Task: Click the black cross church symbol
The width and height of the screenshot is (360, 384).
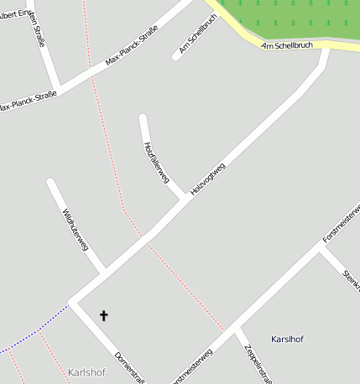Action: [104, 315]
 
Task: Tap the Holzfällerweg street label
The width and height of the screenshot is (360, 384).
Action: [157, 163]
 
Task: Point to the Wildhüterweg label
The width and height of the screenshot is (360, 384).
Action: [75, 229]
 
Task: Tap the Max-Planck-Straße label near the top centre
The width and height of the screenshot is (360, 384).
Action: [132, 49]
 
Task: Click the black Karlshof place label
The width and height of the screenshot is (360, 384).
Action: [288, 339]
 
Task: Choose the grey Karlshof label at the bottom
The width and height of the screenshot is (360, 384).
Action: [86, 372]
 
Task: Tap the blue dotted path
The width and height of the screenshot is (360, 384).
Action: [38, 328]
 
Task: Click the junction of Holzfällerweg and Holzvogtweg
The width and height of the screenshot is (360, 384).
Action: [185, 200]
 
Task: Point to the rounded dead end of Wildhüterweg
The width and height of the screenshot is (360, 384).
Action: [51, 182]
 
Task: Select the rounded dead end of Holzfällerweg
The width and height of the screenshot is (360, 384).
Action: [143, 117]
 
